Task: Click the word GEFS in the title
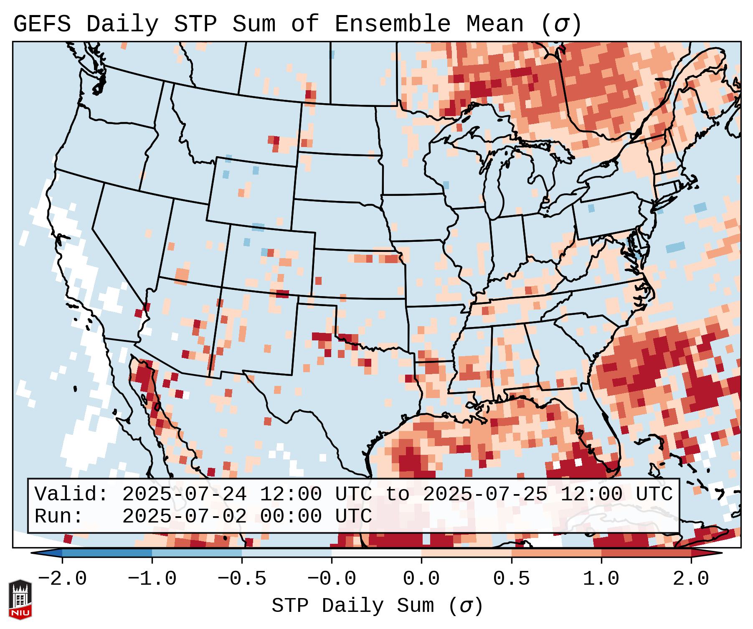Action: [42, 24]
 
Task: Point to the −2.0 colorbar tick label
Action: [62, 579]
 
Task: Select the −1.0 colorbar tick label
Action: [152, 579]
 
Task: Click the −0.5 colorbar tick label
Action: [242, 579]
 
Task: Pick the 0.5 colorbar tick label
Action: [512, 579]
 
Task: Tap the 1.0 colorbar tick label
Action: [601, 579]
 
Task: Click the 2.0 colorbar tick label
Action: [691, 579]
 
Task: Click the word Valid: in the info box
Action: [71, 494]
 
